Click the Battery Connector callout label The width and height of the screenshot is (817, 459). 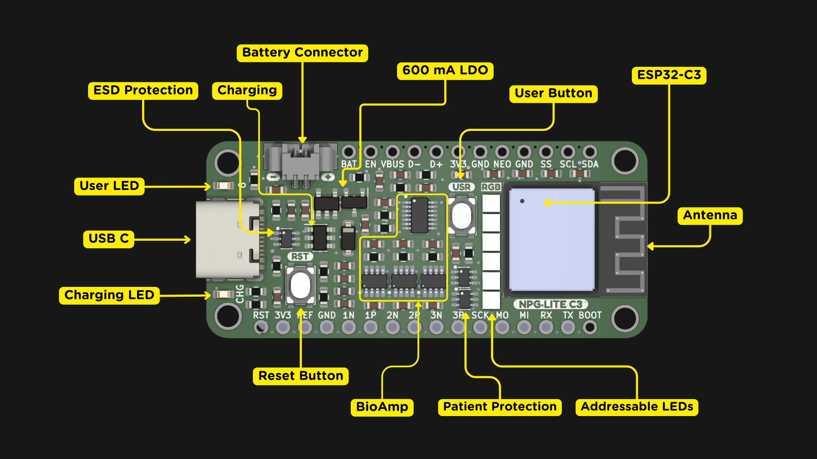click(302, 53)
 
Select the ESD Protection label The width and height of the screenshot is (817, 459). click(143, 91)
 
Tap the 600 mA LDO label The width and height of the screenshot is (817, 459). click(445, 71)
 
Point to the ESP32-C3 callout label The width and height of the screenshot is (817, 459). click(669, 75)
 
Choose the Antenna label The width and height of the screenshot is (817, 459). click(710, 215)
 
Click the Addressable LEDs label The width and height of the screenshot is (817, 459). click(637, 407)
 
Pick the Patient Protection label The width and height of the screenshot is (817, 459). click(500, 407)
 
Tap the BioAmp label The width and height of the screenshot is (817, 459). click(382, 407)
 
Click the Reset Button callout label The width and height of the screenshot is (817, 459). click(300, 376)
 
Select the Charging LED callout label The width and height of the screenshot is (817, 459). click(109, 295)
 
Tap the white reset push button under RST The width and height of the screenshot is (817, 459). click(300, 285)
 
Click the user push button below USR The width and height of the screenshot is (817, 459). click(461, 216)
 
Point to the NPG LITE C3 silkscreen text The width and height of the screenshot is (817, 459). click(551, 304)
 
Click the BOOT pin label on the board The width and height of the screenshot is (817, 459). click(590, 315)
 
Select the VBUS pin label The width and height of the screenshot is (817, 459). click(392, 164)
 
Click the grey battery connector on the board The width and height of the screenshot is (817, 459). click(300, 161)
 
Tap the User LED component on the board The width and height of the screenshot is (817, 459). click(223, 186)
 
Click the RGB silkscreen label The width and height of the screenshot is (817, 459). click(491, 187)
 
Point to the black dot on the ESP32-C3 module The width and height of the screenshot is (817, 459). click(522, 201)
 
